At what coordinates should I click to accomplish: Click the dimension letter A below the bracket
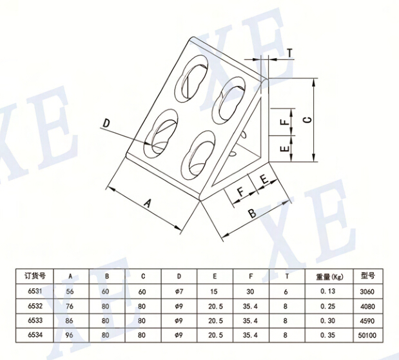click(147, 203)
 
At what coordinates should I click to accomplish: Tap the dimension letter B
click(253, 212)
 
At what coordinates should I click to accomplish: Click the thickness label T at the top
click(290, 52)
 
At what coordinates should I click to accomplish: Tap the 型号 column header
click(368, 275)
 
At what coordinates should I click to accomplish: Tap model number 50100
click(368, 334)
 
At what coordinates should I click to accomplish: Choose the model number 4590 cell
click(368, 320)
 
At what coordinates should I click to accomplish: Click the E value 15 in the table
click(214, 291)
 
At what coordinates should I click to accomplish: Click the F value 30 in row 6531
click(250, 291)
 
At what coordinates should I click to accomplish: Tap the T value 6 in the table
click(286, 291)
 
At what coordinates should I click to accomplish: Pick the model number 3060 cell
click(368, 291)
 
